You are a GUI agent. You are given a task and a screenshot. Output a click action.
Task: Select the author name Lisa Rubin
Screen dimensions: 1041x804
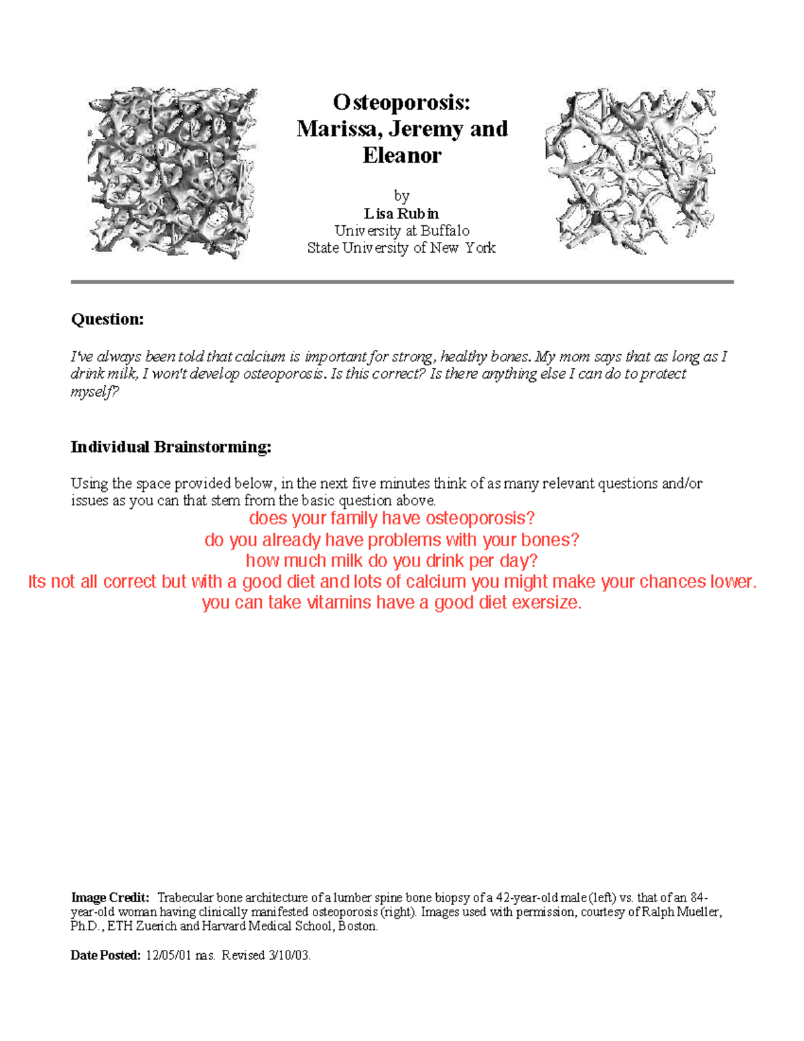[x=401, y=214]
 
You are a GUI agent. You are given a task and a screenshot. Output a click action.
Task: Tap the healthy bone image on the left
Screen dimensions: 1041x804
[x=172, y=172]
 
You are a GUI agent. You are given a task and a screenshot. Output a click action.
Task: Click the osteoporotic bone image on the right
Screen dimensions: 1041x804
[x=630, y=171]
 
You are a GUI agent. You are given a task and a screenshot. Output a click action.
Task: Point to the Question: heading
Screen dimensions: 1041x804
[x=107, y=319]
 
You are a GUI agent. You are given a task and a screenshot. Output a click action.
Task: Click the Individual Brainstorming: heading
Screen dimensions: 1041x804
[x=171, y=447]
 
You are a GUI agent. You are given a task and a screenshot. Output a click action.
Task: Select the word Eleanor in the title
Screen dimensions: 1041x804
[x=402, y=156]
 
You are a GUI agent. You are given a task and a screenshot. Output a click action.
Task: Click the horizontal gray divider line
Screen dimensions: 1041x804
[x=402, y=282]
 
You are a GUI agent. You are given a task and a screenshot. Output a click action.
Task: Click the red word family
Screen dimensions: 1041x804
[x=355, y=519]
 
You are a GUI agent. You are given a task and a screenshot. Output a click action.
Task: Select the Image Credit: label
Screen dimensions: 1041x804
[x=110, y=898]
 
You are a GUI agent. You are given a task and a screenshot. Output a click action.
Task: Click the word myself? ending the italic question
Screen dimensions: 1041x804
[x=94, y=392]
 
